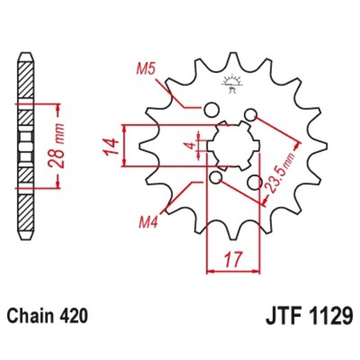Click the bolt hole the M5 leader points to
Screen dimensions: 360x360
pos(211,108)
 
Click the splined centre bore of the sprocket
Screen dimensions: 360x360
pos(234,145)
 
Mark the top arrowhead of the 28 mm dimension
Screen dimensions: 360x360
pos(58,106)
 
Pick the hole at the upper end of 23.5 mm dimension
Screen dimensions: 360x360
pos(251,114)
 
